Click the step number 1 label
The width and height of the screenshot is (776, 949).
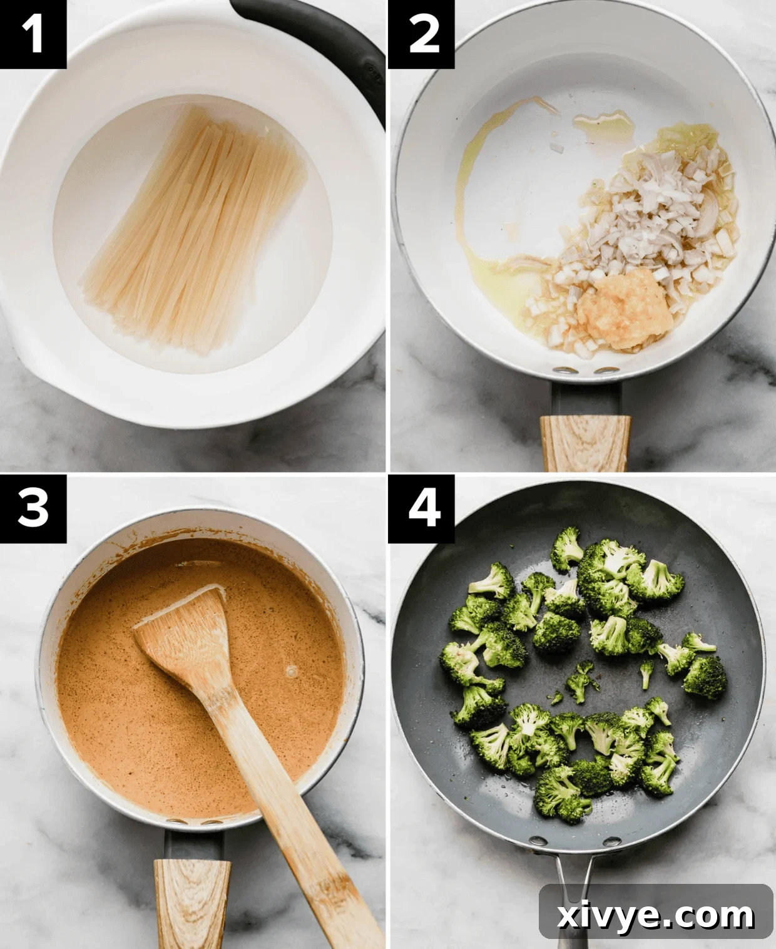click(33, 34)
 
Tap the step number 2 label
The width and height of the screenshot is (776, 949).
click(422, 34)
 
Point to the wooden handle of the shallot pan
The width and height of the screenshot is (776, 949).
click(585, 442)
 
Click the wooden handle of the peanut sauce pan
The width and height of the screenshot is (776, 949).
click(191, 901)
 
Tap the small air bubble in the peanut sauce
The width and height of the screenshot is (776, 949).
click(291, 671)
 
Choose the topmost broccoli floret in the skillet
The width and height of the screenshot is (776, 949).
click(567, 548)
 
